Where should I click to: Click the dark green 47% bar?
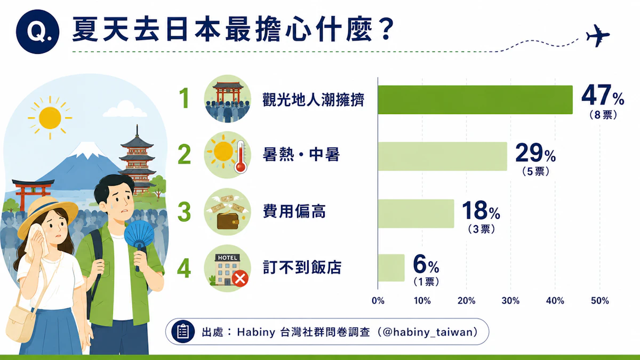(x=475, y=100)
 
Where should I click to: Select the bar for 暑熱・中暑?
(x=443, y=156)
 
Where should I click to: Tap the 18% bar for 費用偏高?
(x=416, y=213)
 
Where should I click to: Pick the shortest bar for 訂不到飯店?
(x=391, y=268)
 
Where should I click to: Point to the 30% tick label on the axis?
(x=510, y=301)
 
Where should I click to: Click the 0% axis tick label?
(x=378, y=301)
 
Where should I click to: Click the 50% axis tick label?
(x=599, y=301)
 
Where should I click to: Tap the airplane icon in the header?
(x=598, y=36)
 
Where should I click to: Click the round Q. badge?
(x=37, y=31)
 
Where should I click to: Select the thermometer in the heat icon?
(x=241, y=157)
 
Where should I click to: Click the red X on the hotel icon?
(x=240, y=278)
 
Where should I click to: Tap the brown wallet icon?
(x=228, y=221)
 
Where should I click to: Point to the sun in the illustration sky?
(x=50, y=118)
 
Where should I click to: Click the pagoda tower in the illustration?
(x=138, y=160)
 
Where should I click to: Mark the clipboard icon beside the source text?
(x=183, y=331)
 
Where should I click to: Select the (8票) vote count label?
(x=603, y=115)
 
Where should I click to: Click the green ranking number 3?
(x=184, y=212)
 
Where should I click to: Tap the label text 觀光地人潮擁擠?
(x=314, y=100)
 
